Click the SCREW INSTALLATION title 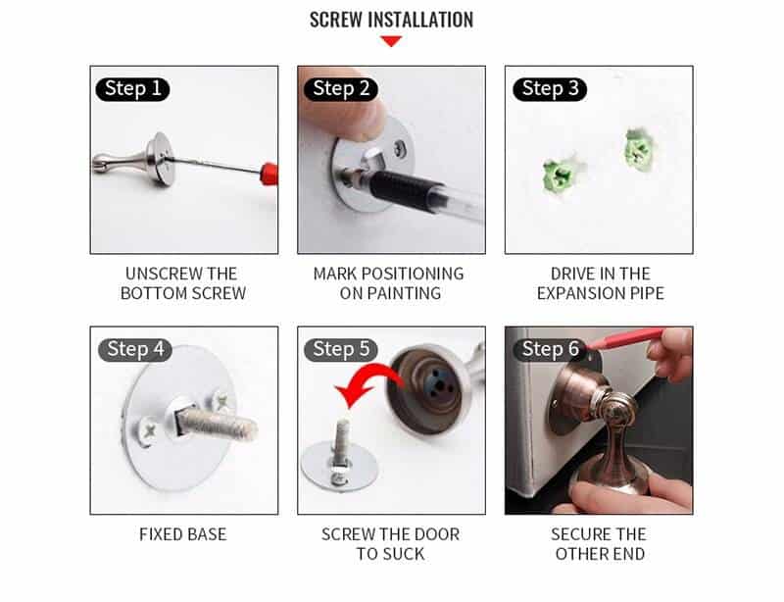coord(391,20)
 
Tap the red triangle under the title coord(391,41)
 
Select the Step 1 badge coord(132,89)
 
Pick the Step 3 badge coord(549,89)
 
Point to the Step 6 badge coord(556,349)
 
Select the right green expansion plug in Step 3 coord(637,150)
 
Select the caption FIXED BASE coord(183,534)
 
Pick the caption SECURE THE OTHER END coord(598,543)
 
